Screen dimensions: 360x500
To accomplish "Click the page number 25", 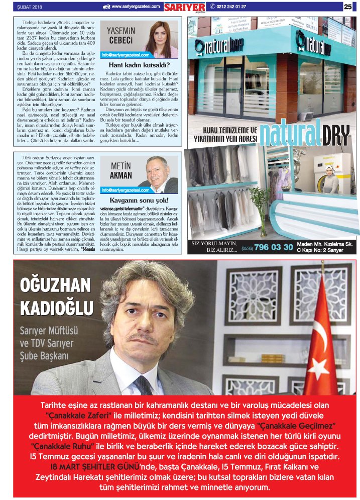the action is pos(347,7).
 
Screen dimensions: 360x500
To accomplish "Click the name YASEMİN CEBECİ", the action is pos(119,35).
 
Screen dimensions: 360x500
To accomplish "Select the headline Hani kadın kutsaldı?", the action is pos(139,65).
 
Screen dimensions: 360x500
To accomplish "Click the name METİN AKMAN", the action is pos(121,171).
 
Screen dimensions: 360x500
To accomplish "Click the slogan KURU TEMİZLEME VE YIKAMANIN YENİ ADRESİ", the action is pos(226,135).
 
